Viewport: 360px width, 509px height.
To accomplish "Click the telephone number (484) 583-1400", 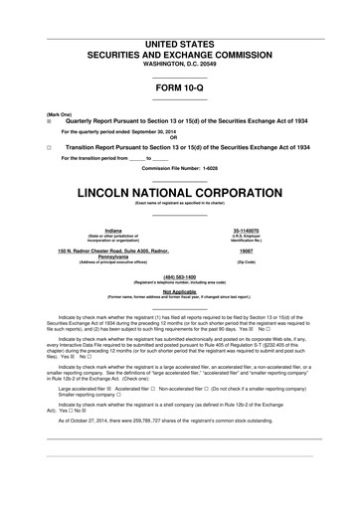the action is point(179,277).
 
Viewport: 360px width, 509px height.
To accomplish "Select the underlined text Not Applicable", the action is point(179,291).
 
